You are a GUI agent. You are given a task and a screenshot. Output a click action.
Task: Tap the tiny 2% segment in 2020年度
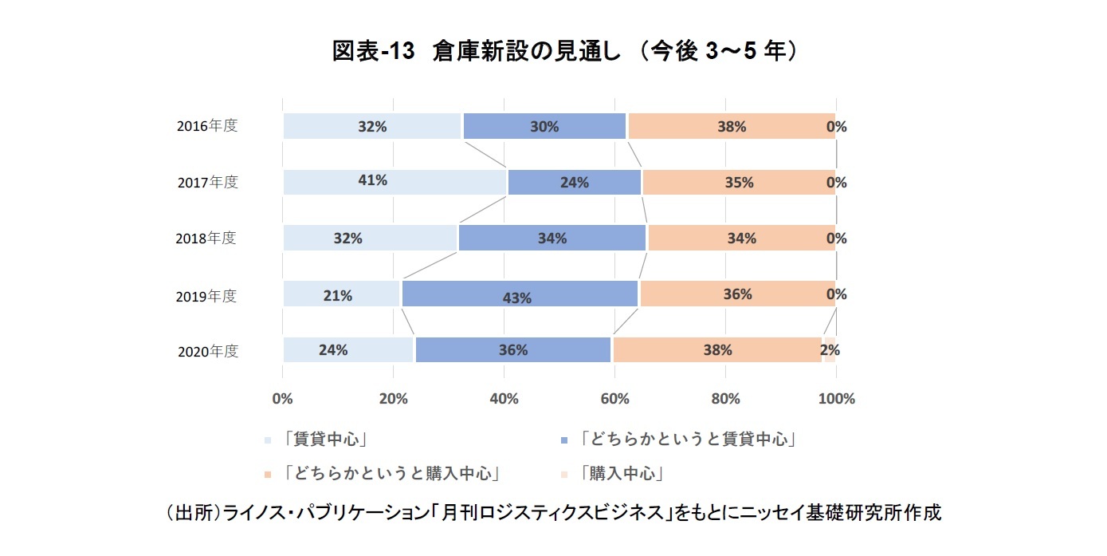[x=829, y=349]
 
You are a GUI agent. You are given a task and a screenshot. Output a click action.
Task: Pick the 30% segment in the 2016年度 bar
[x=544, y=126]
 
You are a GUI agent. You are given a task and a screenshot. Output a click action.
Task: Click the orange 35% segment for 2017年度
[x=738, y=182]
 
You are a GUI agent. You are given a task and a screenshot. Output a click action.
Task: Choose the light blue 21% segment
[x=341, y=294]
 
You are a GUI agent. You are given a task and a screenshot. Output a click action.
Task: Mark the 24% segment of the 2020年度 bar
[x=348, y=349]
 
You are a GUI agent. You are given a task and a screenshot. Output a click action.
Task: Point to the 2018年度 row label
[x=206, y=238]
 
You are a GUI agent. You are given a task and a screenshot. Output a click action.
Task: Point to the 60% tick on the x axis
[x=614, y=398]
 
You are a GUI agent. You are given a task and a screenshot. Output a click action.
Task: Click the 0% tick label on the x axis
[x=283, y=398]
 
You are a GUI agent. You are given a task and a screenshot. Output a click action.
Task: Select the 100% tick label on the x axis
[x=836, y=398]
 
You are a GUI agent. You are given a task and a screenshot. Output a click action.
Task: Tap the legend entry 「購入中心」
[x=622, y=473]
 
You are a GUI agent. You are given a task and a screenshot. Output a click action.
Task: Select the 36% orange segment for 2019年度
[x=737, y=294]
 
